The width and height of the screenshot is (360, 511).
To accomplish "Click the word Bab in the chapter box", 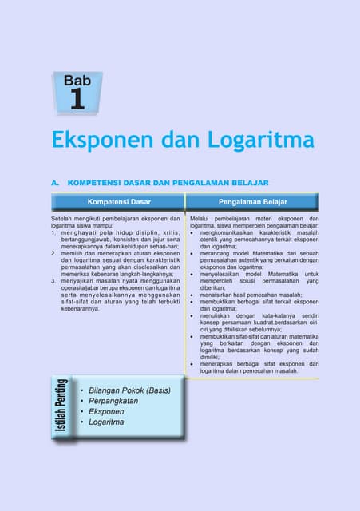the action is coord(77,81).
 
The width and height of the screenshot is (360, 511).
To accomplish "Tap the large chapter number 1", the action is coord(77,99).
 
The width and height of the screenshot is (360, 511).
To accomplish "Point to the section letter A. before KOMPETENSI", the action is coord(55,182).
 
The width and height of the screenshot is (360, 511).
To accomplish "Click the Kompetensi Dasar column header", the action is coord(119,202).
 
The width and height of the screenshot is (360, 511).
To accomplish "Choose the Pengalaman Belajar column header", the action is coord(253,202).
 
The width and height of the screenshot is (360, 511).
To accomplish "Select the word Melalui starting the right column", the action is coord(203,218).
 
